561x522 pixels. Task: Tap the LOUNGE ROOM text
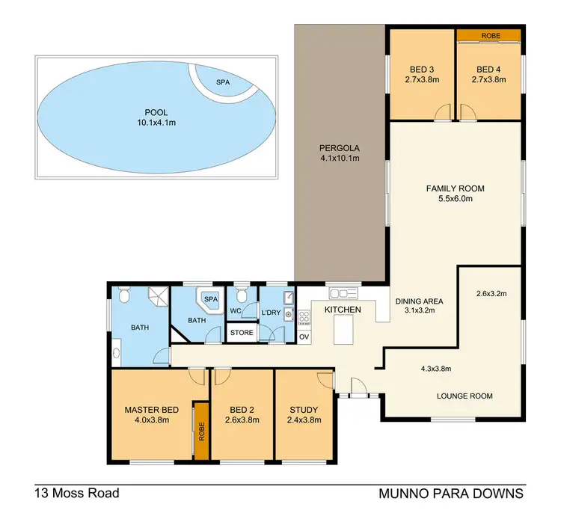[465, 396]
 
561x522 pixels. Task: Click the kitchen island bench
[344, 328]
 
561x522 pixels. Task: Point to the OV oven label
[304, 337]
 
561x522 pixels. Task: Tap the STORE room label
[241, 333]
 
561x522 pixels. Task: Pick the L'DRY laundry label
[270, 311]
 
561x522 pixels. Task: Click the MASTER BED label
[151, 410]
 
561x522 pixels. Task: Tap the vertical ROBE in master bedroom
[200, 430]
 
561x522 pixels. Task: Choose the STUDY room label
[303, 410]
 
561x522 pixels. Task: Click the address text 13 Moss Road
[76, 494]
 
